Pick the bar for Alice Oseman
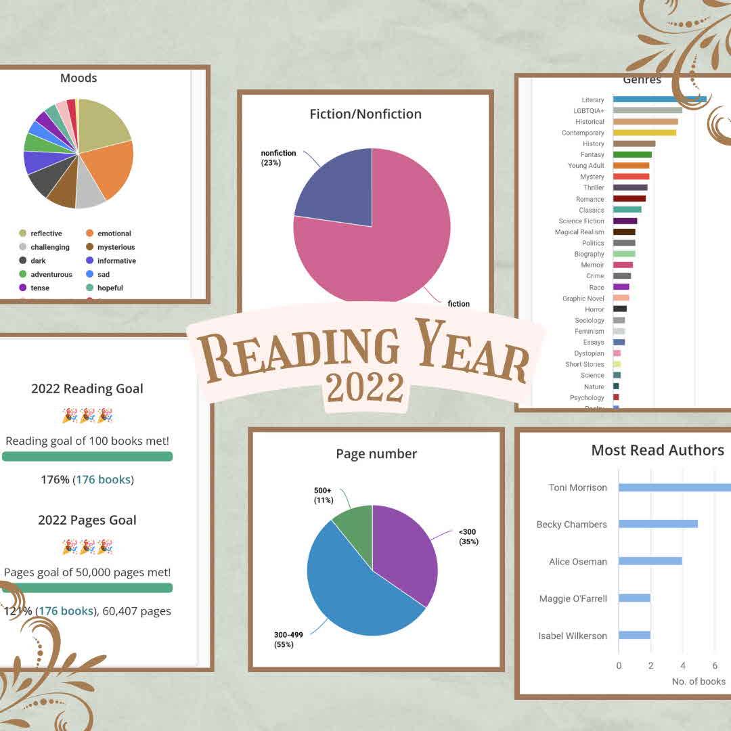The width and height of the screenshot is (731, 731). click(x=650, y=561)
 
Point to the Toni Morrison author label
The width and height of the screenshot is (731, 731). click(x=577, y=487)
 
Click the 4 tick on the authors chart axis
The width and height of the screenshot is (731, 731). click(x=683, y=665)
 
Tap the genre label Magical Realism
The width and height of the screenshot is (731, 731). click(x=579, y=232)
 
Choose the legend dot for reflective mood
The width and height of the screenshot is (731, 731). click(x=22, y=234)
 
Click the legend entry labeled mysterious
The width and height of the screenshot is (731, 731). click(x=116, y=247)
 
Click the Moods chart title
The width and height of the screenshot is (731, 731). click(x=79, y=78)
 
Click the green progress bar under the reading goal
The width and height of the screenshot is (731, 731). click(x=87, y=456)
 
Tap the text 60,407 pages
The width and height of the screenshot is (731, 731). click(x=137, y=611)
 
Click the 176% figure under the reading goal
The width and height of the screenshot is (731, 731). click(x=56, y=480)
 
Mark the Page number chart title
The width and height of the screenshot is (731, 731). click(x=376, y=453)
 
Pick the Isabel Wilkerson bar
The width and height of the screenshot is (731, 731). click(x=634, y=635)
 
